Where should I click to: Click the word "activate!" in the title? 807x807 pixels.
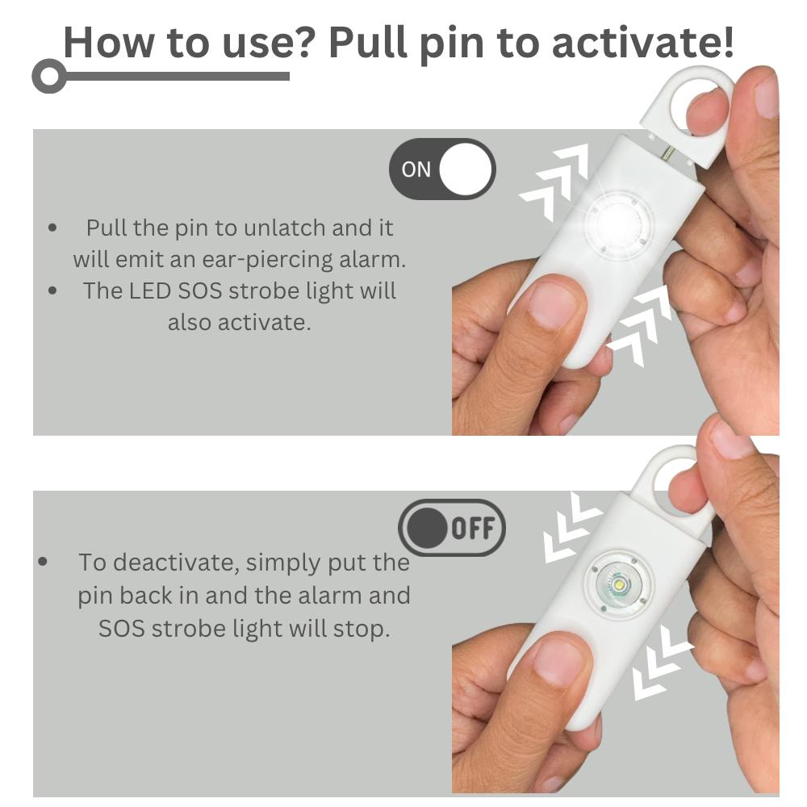(x=642, y=42)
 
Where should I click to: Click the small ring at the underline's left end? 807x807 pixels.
(x=49, y=76)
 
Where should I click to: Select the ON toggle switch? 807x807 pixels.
(x=442, y=169)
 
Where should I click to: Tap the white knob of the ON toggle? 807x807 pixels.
(x=466, y=169)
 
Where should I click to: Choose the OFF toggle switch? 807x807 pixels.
(x=452, y=528)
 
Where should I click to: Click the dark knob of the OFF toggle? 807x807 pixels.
(x=426, y=528)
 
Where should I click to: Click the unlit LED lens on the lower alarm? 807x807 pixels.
(x=617, y=585)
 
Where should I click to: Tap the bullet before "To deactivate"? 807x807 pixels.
(x=43, y=562)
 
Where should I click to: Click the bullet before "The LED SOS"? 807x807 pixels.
(x=52, y=291)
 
